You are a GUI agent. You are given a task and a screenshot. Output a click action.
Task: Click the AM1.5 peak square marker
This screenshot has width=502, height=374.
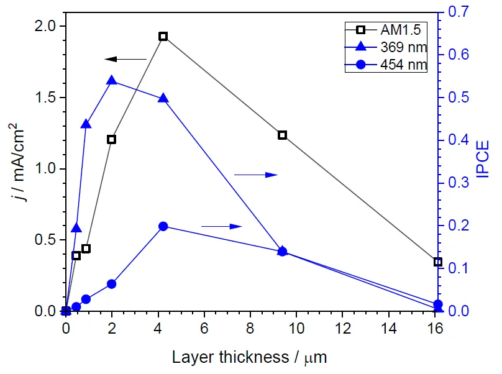(163, 37)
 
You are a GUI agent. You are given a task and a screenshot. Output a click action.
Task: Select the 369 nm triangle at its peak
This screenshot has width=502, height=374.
(112, 81)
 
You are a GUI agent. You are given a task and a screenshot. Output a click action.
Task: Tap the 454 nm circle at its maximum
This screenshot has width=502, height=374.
(163, 226)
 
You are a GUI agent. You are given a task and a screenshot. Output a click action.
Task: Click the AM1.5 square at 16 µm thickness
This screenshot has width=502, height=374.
(438, 262)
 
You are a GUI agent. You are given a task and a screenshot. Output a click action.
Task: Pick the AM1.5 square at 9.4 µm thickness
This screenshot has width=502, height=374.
(282, 135)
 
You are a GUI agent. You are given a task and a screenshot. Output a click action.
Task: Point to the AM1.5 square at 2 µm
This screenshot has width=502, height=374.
(112, 139)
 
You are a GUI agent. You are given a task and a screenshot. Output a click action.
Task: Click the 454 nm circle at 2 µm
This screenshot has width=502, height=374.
(112, 284)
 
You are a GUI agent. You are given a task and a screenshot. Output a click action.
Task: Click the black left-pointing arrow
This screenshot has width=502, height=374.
(125, 59)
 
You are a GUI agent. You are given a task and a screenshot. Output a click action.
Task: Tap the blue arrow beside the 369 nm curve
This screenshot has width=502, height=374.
(255, 175)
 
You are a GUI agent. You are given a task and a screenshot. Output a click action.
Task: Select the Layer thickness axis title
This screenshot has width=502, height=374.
(249, 357)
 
